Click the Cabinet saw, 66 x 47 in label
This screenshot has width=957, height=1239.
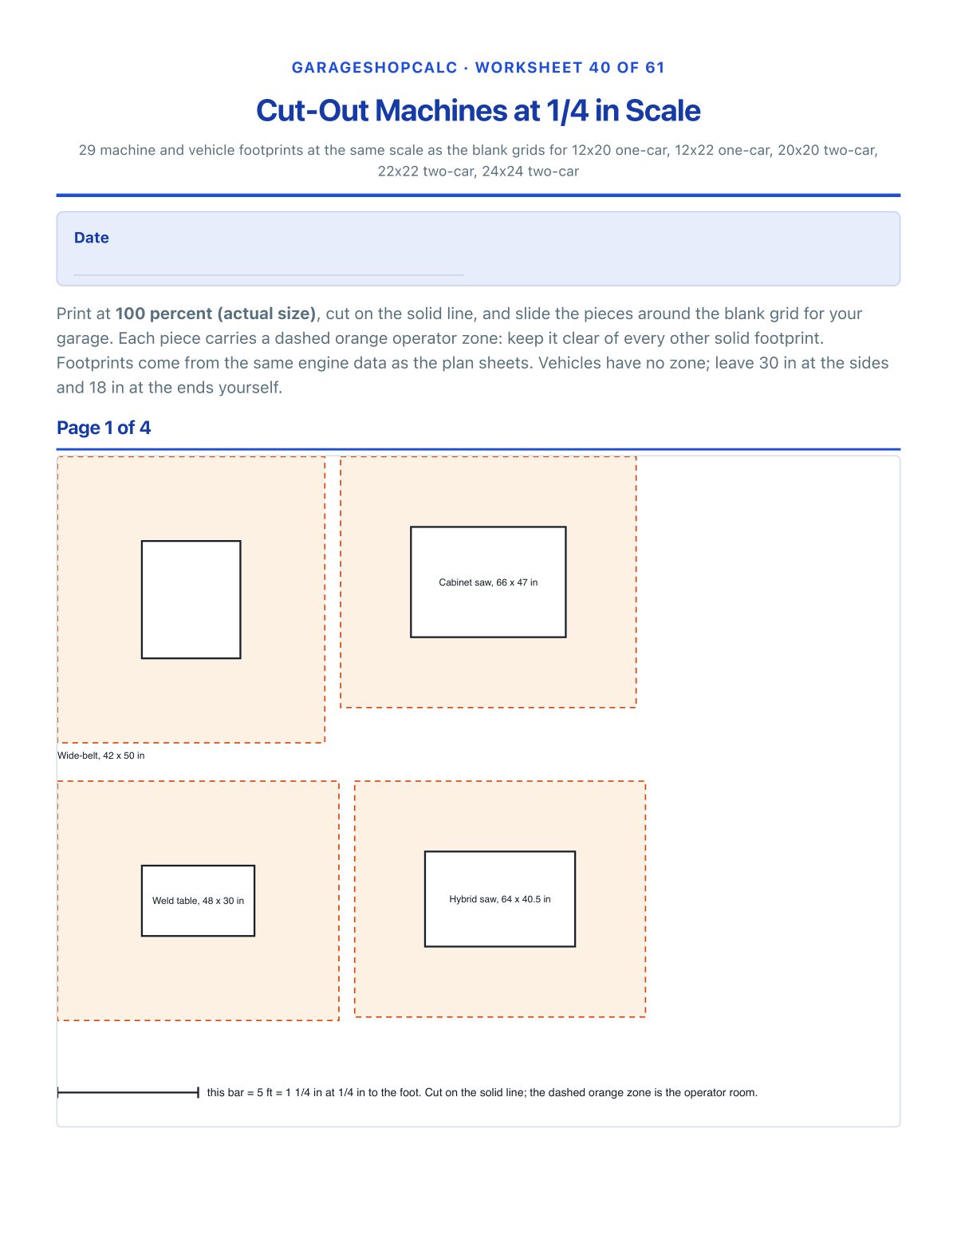pyautogui.click(x=488, y=582)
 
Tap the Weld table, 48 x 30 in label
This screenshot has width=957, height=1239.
pyautogui.click(x=198, y=900)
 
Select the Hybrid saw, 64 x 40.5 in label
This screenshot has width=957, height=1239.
pyautogui.click(x=500, y=898)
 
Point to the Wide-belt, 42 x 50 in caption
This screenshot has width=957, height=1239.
pyautogui.click(x=101, y=756)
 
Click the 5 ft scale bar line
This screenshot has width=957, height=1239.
pyautogui.click(x=128, y=1092)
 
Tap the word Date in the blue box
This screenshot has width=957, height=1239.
pyautogui.click(x=91, y=237)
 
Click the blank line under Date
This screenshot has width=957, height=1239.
pyautogui.click(x=269, y=274)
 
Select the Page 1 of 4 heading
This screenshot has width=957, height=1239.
pyautogui.click(x=103, y=428)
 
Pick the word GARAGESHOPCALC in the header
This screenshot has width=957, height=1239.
pyautogui.click(x=375, y=67)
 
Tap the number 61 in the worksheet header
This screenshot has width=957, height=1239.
pyautogui.click(x=655, y=67)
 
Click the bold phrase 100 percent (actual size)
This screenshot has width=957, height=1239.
pyautogui.click(x=215, y=314)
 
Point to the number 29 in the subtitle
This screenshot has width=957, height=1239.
pyautogui.click(x=87, y=150)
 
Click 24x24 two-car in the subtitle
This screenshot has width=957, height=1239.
pyautogui.click(x=530, y=171)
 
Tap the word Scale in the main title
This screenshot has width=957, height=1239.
pyautogui.click(x=663, y=111)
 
